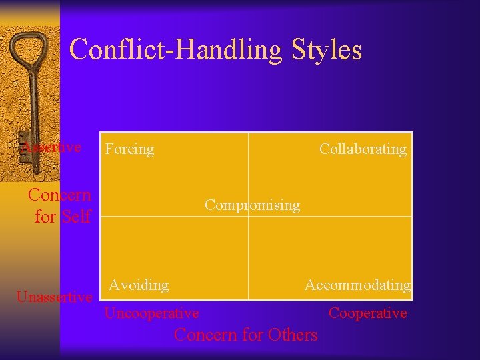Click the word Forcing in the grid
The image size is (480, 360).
pos(129,149)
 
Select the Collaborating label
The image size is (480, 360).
pos(363,149)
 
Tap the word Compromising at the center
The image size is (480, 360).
pos(252,205)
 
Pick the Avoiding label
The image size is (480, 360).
pos(139,285)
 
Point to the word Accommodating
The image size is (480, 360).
pos(357,285)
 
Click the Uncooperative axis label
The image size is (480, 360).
pos(151,313)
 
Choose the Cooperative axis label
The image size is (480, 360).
pos(367,313)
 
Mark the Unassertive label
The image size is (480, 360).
pos(54,297)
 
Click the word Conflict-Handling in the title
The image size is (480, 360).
pos(176,50)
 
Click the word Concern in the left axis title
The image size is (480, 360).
pos(59,195)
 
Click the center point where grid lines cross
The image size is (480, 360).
pos(248,216)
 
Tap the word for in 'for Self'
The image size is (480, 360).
pos(45,217)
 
